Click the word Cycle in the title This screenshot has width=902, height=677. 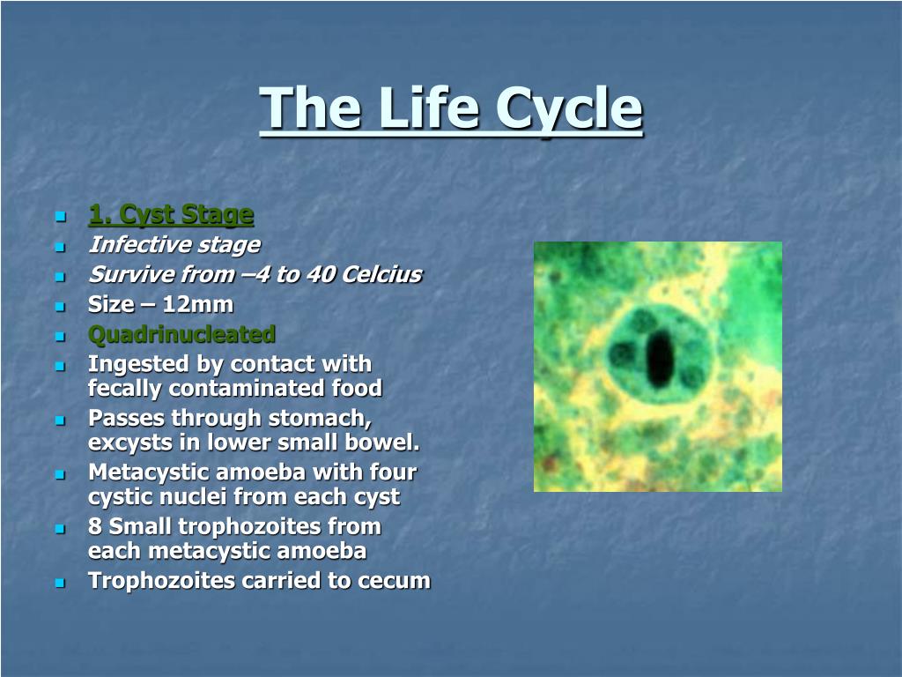[569, 108]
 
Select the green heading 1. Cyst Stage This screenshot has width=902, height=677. [171, 215]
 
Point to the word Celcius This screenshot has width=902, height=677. [381, 274]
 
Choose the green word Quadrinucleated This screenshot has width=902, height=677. [181, 334]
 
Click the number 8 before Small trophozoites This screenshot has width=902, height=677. [95, 526]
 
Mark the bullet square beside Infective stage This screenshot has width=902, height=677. [61, 247]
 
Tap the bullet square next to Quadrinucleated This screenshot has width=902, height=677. [61, 336]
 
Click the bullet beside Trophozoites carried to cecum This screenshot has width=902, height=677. [61, 583]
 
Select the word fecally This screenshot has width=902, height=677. [124, 389]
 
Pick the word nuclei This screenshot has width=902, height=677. [193, 497]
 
